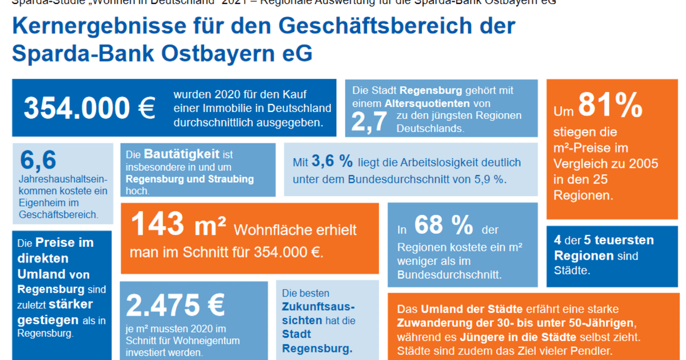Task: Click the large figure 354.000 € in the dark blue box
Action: pos(89,107)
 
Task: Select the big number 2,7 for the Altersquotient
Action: pos(369,121)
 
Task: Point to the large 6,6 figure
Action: pos(38,161)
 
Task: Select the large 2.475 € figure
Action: pos(175,306)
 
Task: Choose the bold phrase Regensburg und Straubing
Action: pos(189,179)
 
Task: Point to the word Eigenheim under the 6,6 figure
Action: pos(40,203)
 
